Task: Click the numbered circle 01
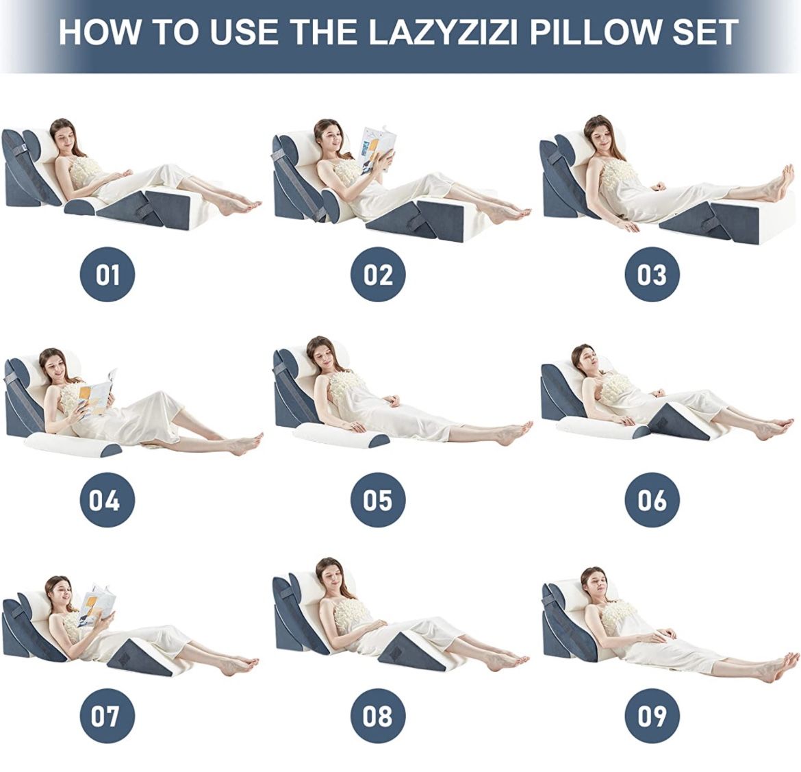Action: pyautogui.click(x=107, y=275)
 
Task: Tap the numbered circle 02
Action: pyautogui.click(x=378, y=275)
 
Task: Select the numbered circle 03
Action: pyautogui.click(x=651, y=275)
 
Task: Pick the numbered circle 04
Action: pyautogui.click(x=107, y=499)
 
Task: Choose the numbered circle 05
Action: pyautogui.click(x=378, y=499)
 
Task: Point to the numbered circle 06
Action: pyautogui.click(x=651, y=499)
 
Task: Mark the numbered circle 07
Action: pyautogui.click(x=107, y=716)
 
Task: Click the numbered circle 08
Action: pyautogui.click(x=378, y=716)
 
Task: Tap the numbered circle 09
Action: pyautogui.click(x=651, y=716)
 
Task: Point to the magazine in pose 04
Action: pyautogui.click(x=96, y=393)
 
